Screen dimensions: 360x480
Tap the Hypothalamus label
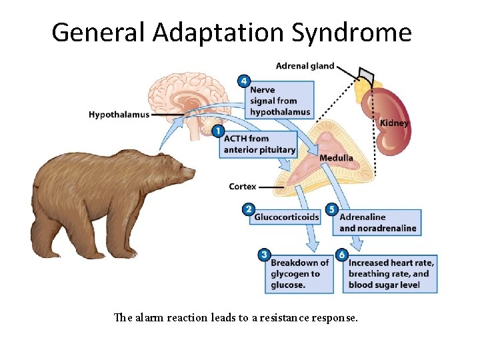[119, 115]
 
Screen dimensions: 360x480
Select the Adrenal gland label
[305, 65]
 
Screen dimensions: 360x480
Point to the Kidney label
[394, 123]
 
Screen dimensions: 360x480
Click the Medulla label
[336, 158]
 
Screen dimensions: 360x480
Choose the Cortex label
[242, 187]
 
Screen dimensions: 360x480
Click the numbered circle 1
[217, 131]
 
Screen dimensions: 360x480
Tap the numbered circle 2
[248, 210]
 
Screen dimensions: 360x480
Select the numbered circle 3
[264, 255]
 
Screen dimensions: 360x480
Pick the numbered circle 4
[244, 81]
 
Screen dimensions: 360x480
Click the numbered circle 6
[341, 255]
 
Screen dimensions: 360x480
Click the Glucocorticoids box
[287, 217]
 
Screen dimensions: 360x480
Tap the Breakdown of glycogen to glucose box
[299, 273]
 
